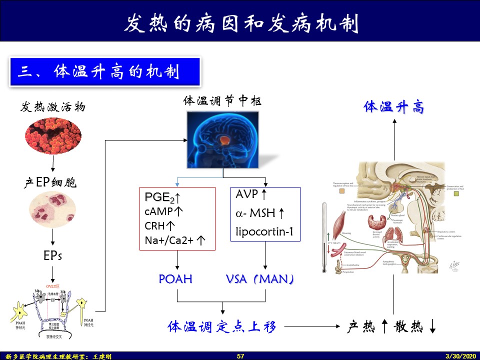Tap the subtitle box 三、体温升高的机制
[104, 71]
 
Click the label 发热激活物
[53, 107]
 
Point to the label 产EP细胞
[50, 183]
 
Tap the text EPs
[52, 256]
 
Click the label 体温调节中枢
[222, 100]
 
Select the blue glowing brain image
[223, 139]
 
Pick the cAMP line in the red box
[163, 211]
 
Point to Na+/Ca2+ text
[175, 240]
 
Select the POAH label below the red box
[175, 279]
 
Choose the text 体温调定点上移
[221, 327]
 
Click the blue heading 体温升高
[394, 107]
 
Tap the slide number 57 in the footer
[240, 356]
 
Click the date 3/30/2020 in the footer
[461, 356]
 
